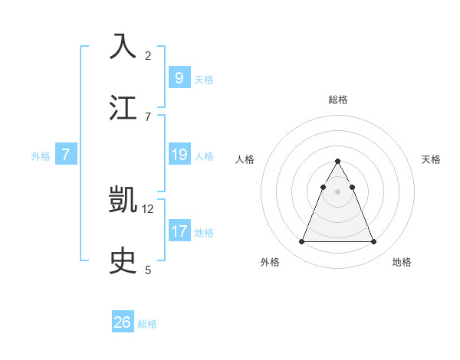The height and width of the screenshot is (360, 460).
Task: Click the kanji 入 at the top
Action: pyautogui.click(x=123, y=46)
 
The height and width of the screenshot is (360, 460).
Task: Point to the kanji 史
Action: pyautogui.click(x=123, y=260)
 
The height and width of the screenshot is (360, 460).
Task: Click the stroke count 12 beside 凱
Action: pyautogui.click(x=148, y=208)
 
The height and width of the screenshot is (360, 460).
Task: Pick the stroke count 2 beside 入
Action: pyautogui.click(x=148, y=55)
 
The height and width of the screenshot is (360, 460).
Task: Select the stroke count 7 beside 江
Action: pyautogui.click(x=148, y=116)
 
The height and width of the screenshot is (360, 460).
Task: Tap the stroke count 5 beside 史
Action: pyautogui.click(x=148, y=270)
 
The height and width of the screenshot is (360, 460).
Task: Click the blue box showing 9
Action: pyautogui.click(x=179, y=77)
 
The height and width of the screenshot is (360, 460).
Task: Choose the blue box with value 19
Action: pyautogui.click(x=179, y=155)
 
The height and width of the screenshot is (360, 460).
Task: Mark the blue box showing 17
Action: pyautogui.click(x=179, y=231)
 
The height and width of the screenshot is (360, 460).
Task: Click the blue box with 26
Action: pyautogui.click(x=122, y=322)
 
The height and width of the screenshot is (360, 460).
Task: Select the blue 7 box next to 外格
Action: pyautogui.click(x=66, y=155)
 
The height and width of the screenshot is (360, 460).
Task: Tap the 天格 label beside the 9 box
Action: pyautogui.click(x=204, y=80)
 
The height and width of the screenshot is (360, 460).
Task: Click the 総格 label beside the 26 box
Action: pyautogui.click(x=147, y=325)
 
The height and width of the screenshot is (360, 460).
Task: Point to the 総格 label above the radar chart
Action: pyautogui.click(x=338, y=100)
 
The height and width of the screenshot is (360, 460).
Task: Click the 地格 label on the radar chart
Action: pyautogui.click(x=402, y=263)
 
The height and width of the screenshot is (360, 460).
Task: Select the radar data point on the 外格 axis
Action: pyautogui.click(x=301, y=242)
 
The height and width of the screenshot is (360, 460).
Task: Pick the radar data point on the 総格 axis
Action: pyautogui.click(x=337, y=161)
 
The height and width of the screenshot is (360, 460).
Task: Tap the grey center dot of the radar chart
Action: pyautogui.click(x=337, y=191)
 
